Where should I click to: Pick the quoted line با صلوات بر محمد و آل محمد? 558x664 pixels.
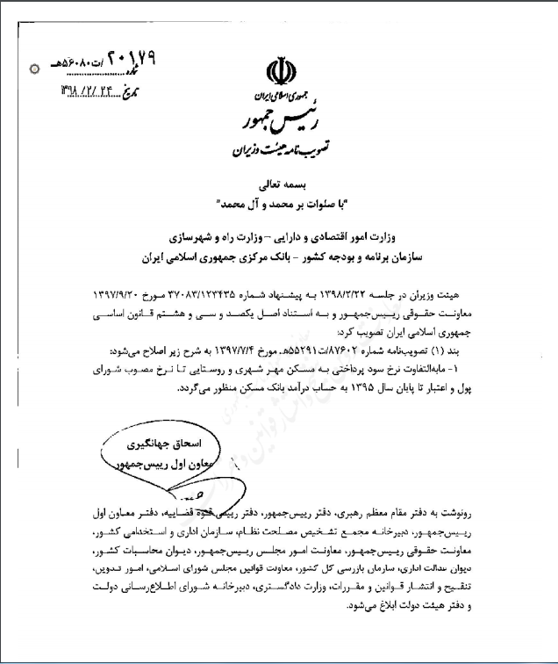279,204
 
